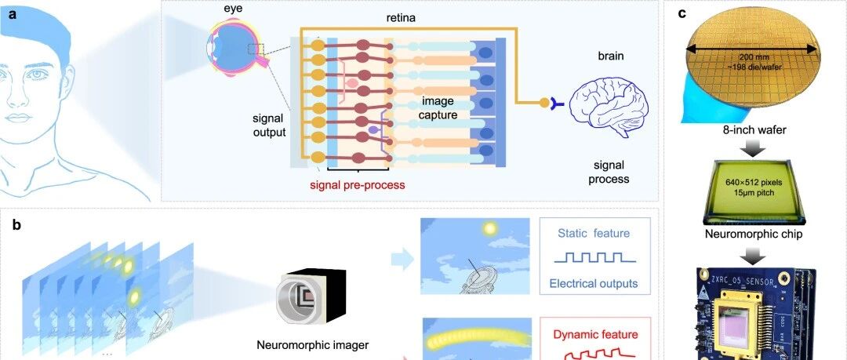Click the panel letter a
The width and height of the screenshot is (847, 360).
12,14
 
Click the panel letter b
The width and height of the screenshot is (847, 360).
16,225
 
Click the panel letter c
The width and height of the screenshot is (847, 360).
682,13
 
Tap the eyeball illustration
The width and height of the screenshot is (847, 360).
237,47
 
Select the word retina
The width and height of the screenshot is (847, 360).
401,18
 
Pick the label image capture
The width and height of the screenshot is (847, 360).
439,107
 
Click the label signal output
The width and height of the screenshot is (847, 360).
269,125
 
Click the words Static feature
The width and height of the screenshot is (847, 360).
594,234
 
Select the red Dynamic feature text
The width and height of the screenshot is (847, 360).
594,335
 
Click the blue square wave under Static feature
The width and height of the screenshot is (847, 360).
594,258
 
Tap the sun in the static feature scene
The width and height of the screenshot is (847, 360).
490,229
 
